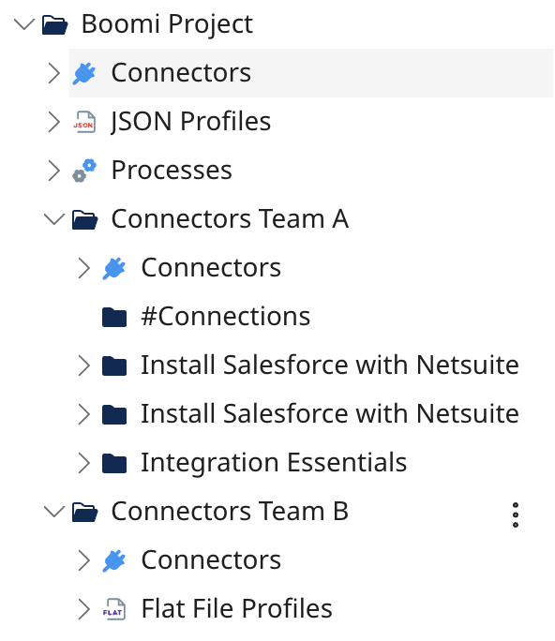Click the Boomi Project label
pos(167,24)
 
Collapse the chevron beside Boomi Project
pos(23,24)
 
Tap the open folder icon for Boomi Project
pos(55,24)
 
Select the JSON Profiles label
pos(190,122)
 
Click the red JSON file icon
pos(84,122)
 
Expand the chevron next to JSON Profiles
pos(53,122)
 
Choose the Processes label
pos(172,171)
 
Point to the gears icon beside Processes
pos(84,171)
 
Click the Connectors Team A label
pos(230,219)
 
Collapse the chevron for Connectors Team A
pos(53,219)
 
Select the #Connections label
pos(225,317)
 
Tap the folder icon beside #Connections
pos(114,317)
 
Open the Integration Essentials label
pos(274,463)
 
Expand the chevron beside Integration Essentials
pos(83,463)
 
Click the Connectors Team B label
pos(230,512)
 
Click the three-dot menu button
pos(515,514)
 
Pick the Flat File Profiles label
pos(236,609)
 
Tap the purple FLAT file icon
pos(114,609)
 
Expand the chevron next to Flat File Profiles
pos(83,609)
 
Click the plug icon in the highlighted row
pos(84,73)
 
